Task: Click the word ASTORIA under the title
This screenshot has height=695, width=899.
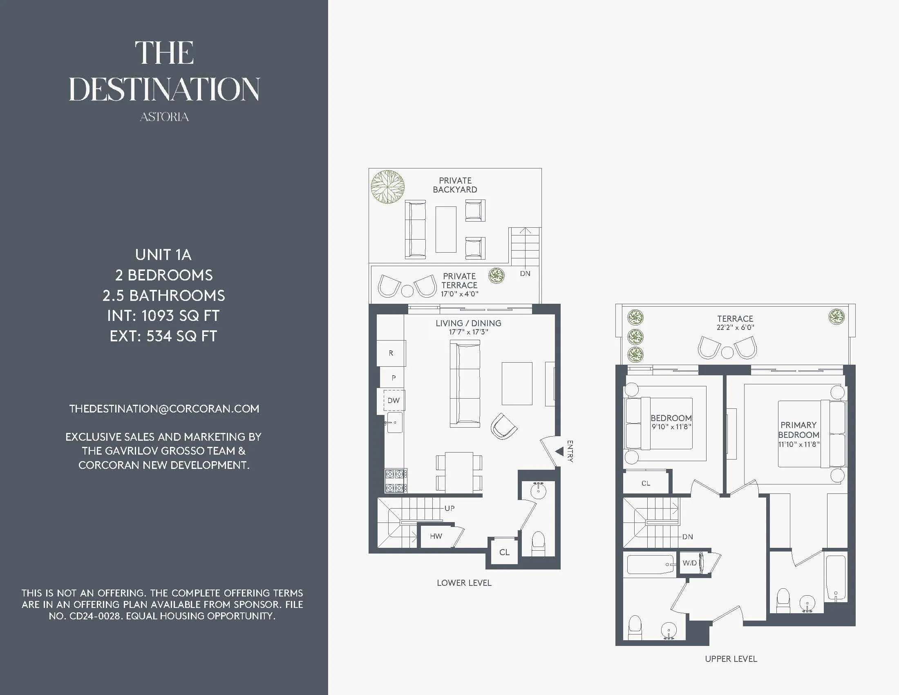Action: coord(164,117)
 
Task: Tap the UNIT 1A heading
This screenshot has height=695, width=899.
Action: coord(163,255)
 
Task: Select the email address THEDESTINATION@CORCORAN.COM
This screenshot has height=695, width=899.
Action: coord(164,409)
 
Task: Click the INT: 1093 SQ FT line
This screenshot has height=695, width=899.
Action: coord(163,316)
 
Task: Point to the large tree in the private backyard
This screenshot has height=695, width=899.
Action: coord(387,187)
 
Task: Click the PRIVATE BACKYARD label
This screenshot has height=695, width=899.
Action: coord(455,185)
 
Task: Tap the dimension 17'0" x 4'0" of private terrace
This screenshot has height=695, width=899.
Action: coord(459,294)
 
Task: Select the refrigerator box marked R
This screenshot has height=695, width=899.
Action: coord(391,353)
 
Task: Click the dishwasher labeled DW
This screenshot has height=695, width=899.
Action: coord(394,400)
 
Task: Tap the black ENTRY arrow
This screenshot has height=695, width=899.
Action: coord(559,452)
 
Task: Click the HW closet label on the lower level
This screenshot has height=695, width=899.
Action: coord(436,536)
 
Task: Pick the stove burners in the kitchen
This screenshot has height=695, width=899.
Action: coord(396,481)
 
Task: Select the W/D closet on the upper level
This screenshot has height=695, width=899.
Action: coord(689,563)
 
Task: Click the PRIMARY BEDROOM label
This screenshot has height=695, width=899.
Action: coord(798,430)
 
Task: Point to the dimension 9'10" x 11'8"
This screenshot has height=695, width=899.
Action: coord(671,427)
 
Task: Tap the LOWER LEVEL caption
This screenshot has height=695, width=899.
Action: coord(464,583)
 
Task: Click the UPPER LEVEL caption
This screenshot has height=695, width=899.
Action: coord(731,659)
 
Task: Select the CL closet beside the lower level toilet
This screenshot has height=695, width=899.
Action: coord(504,552)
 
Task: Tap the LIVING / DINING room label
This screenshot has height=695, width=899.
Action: coord(468,323)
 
